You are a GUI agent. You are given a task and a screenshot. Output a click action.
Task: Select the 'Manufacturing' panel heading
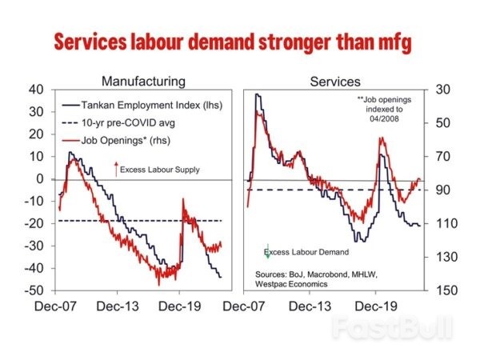click(x=143, y=82)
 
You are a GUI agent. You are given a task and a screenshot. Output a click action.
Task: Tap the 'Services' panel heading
click(x=334, y=82)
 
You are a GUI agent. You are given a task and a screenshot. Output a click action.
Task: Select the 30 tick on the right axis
click(x=440, y=90)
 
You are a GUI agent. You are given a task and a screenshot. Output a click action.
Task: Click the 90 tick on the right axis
click(x=440, y=190)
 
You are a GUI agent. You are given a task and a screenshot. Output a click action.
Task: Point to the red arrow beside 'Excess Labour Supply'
click(x=117, y=168)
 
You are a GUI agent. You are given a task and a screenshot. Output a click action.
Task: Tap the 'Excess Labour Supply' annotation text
click(x=160, y=170)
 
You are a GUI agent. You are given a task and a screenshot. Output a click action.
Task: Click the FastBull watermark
click(x=391, y=326)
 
